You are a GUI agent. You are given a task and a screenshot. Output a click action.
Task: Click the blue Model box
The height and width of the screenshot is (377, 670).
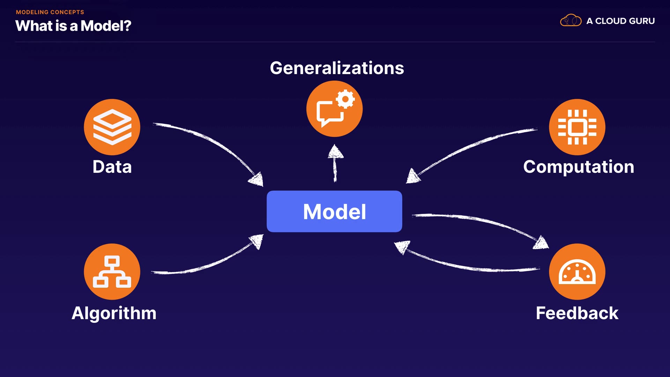point(334,211)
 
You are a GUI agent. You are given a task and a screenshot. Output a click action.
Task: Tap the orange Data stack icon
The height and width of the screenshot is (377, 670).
point(112,127)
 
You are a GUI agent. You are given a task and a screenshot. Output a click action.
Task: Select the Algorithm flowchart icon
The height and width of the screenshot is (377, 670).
point(112,272)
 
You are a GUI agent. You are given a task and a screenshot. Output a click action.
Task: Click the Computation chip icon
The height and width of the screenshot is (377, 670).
point(577,127)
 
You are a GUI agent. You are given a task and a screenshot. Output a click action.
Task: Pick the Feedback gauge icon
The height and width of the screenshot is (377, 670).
point(577,272)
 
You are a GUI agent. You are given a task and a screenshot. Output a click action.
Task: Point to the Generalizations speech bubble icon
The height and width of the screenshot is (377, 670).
point(334,109)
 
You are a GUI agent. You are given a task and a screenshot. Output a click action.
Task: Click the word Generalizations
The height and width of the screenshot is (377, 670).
point(337,68)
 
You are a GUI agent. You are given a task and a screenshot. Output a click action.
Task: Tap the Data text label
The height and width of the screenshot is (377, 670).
point(112,167)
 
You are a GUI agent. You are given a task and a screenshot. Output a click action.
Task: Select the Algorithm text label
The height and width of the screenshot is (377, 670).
point(114,313)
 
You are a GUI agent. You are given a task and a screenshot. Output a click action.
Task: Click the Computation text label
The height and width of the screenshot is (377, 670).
point(579,167)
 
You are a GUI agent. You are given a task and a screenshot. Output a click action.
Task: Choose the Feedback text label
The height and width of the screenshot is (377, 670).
point(577,313)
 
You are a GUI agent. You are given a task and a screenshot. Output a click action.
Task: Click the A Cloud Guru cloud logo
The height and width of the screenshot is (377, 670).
point(571,21)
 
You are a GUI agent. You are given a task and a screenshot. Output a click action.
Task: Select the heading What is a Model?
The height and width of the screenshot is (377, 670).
point(73,26)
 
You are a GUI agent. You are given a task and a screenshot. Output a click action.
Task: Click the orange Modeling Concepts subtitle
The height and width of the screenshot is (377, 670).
point(50,12)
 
